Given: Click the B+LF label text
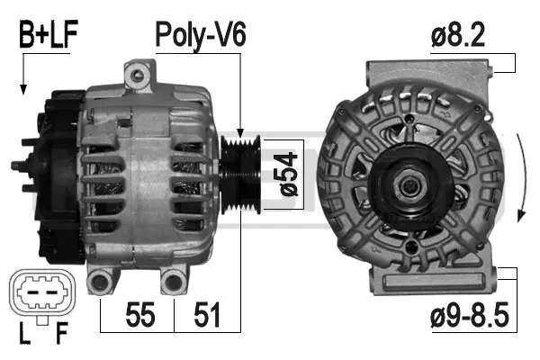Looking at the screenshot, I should [47, 35].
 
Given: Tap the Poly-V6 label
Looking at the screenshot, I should [200, 35].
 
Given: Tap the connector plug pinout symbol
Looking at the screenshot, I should [40, 295].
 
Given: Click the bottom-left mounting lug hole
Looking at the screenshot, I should [101, 281].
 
